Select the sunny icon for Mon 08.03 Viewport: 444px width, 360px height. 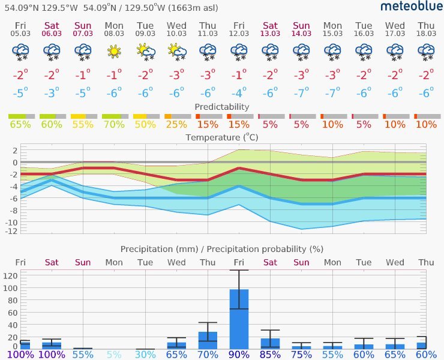pos(114,52)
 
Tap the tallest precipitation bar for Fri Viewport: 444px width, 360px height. pos(239,319)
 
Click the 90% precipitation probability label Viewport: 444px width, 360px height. pos(239,355)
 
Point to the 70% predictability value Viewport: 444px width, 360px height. pos(114,125)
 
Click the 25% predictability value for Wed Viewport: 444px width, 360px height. pos(176,125)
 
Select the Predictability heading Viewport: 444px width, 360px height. pos(222,107)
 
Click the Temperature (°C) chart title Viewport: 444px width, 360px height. pos(222,137)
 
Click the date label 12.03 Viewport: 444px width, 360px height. pos(239,34)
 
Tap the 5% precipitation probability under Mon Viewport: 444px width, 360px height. pos(114,355)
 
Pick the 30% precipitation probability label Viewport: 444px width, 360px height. pos(145,355)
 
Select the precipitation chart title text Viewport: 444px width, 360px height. pos(222,249)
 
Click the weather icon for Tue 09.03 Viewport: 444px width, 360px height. pos(145,52)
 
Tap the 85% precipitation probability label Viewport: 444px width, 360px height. pos(270,355)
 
